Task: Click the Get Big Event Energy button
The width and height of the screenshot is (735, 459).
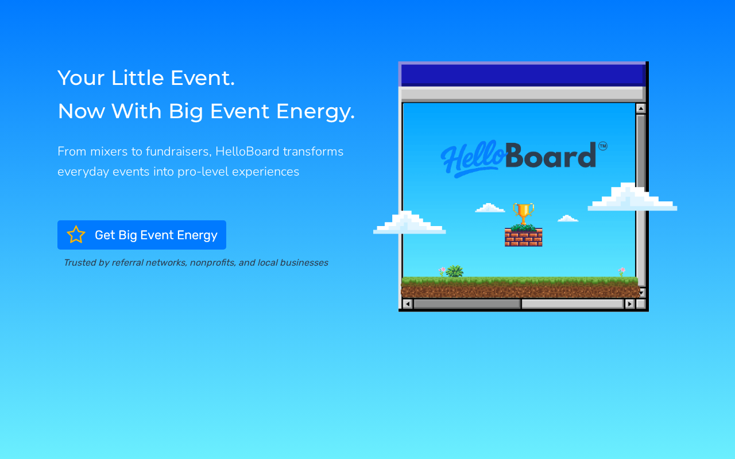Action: (142, 235)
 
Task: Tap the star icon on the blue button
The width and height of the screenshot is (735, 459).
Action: (76, 235)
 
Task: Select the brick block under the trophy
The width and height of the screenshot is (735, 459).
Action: (523, 237)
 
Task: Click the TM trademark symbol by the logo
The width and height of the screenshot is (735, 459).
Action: (603, 146)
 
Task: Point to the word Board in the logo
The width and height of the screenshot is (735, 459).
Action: (551, 155)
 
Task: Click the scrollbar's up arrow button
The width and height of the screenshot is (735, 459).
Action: (640, 108)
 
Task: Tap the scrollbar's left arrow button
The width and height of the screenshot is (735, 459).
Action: (407, 304)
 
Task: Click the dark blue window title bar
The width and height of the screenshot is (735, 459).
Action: (523, 75)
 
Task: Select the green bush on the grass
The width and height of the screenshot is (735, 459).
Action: (455, 271)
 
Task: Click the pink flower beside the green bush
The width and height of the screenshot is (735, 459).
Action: (442, 271)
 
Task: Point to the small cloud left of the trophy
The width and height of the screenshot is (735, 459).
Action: (490, 208)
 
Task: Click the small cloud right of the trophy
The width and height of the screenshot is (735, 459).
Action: (568, 219)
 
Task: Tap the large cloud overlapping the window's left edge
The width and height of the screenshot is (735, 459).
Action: (409, 223)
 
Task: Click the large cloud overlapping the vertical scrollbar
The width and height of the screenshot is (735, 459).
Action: (632, 197)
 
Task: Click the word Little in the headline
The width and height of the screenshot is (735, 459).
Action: (137, 78)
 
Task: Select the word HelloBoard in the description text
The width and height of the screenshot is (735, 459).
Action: (247, 151)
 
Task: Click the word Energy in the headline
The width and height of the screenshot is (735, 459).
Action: (315, 112)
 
